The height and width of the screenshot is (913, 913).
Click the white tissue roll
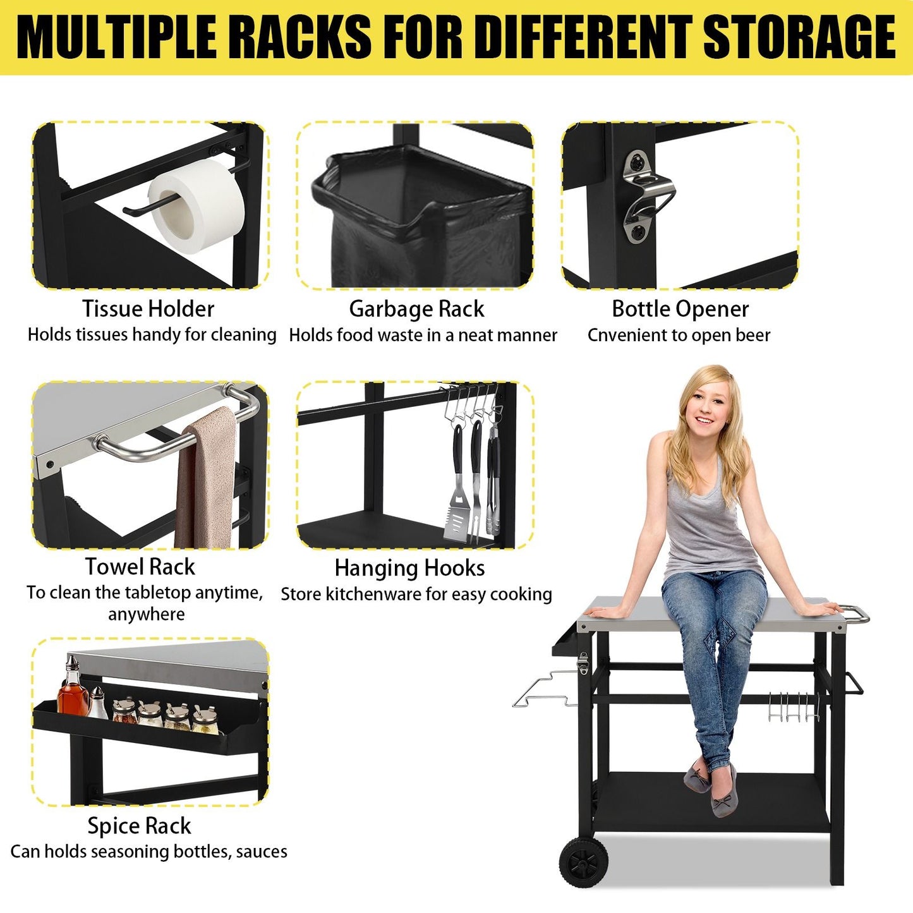click(x=197, y=205)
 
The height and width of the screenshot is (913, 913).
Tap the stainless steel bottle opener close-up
click(x=647, y=196)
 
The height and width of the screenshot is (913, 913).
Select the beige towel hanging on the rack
click(x=205, y=478)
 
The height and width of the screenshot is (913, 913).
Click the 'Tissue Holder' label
click(x=148, y=309)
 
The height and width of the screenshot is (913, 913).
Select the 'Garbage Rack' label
click(x=416, y=310)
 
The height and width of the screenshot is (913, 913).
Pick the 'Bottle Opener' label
click(x=680, y=309)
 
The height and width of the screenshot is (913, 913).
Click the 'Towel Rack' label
click(x=140, y=567)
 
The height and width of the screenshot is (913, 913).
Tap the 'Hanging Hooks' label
click(x=409, y=568)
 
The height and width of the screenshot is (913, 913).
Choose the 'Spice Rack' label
click(x=139, y=826)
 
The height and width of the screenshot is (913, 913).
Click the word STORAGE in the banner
click(x=799, y=37)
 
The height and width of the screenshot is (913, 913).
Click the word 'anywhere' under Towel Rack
click(x=147, y=615)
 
